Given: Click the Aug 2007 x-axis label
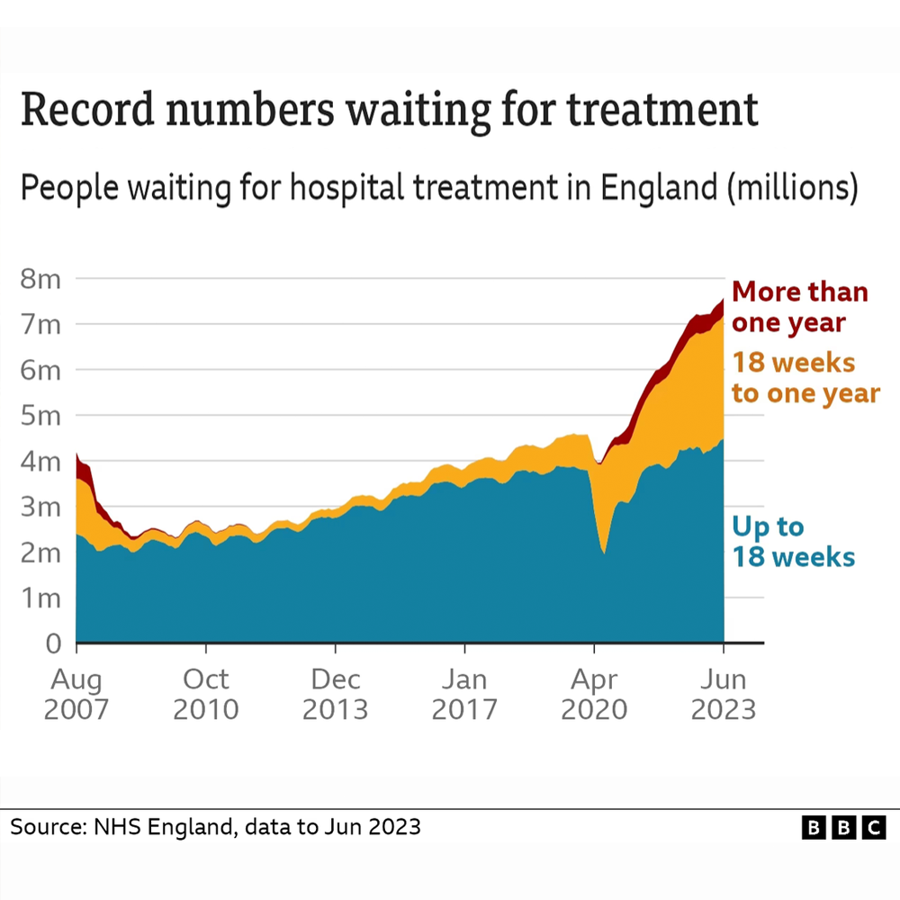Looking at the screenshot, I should click(x=76, y=693).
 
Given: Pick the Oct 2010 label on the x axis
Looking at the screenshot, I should click(x=205, y=693).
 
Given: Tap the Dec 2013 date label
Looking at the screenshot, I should click(x=335, y=693).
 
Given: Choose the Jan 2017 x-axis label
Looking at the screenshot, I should click(x=464, y=693).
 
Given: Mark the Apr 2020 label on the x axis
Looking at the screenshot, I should click(x=594, y=693).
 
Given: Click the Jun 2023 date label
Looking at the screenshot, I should click(x=723, y=693).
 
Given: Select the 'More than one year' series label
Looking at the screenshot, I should click(x=799, y=307).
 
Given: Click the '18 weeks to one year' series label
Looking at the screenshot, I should click(x=805, y=378).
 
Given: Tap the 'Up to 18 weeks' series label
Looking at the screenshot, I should click(x=792, y=542).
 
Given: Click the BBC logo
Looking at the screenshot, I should click(x=843, y=828).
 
